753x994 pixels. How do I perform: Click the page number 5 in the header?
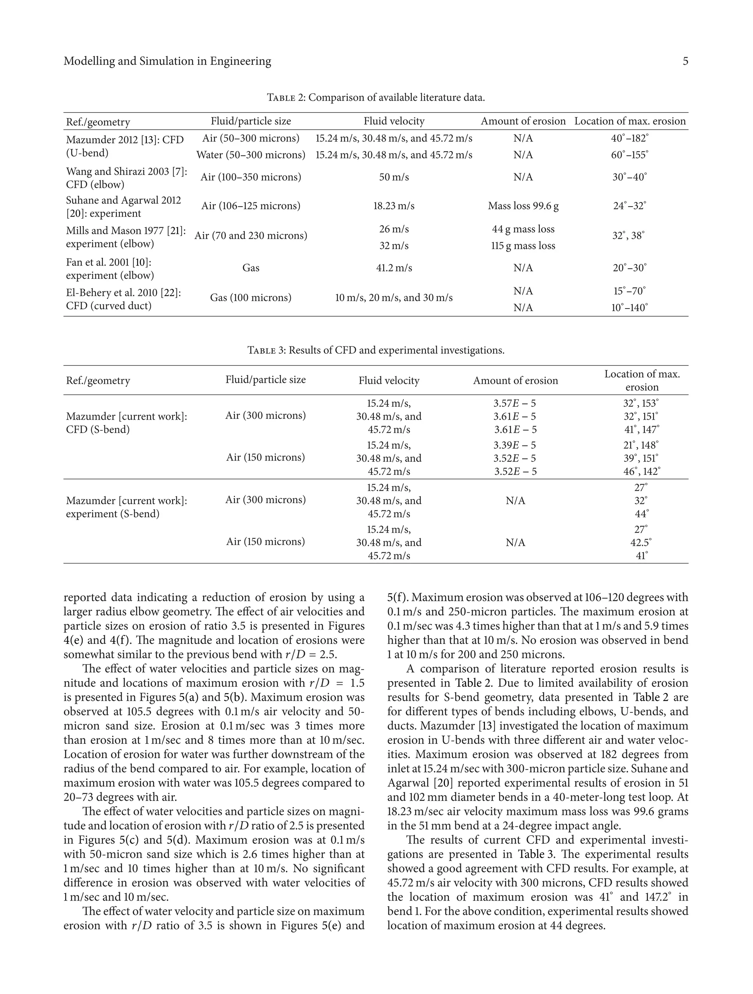[x=685, y=61]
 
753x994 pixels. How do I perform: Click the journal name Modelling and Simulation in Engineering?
[x=167, y=61]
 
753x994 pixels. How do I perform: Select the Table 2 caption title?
[x=376, y=97]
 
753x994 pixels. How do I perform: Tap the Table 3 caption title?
[x=376, y=350]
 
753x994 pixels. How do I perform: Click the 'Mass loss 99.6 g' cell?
[x=523, y=206]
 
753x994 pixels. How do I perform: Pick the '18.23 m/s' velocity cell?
[x=393, y=206]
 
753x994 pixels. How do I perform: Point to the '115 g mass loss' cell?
[x=523, y=246]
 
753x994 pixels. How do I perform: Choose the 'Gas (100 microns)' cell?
[x=251, y=298]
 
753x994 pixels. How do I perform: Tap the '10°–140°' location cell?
[x=629, y=308]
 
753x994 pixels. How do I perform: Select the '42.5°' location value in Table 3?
[x=641, y=543]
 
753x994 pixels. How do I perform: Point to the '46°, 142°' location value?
[x=641, y=472]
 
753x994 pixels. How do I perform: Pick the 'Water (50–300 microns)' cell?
[x=251, y=155]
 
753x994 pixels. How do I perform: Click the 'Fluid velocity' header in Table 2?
[x=393, y=121]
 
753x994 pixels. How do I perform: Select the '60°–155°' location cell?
[x=629, y=155]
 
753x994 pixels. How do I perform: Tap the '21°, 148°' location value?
[x=641, y=445]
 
